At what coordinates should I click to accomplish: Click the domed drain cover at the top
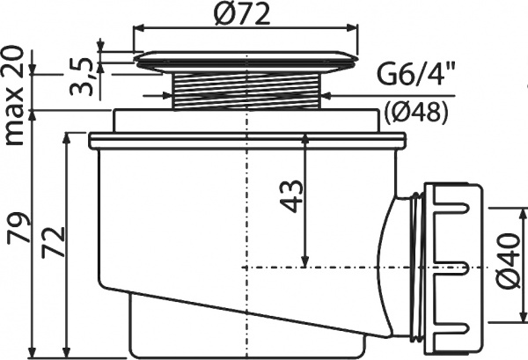point(247,60)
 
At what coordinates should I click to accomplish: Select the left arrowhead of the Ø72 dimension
point(138,27)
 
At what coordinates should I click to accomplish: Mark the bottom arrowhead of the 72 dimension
point(67,349)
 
